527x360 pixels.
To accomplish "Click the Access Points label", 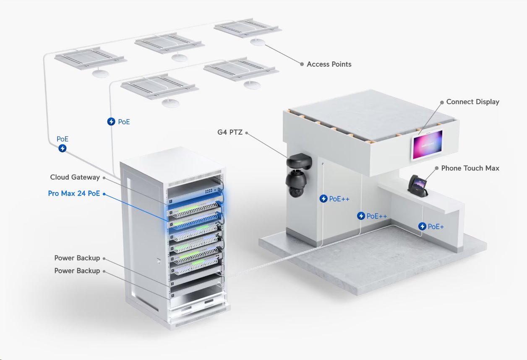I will pyautogui.click(x=329, y=64).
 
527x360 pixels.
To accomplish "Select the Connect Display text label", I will pyautogui.click(x=472, y=102).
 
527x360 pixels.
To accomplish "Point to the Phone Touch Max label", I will pyautogui.click(x=470, y=168).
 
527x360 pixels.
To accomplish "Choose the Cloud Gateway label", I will pyautogui.click(x=75, y=177).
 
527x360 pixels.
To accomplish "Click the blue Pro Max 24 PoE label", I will pyautogui.click(x=74, y=193).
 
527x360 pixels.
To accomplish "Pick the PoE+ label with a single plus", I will pyautogui.click(x=436, y=227).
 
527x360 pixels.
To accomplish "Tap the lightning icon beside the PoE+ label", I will pyautogui.click(x=422, y=227).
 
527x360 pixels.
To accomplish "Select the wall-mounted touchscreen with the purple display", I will pyautogui.click(x=427, y=145).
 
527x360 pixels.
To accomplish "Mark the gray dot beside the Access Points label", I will pyautogui.click(x=302, y=64).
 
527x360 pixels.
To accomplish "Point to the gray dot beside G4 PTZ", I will pyautogui.click(x=246, y=133).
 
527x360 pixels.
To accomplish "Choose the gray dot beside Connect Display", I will pyautogui.click(x=441, y=102).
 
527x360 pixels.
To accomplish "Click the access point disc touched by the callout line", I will pyautogui.click(x=258, y=42).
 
